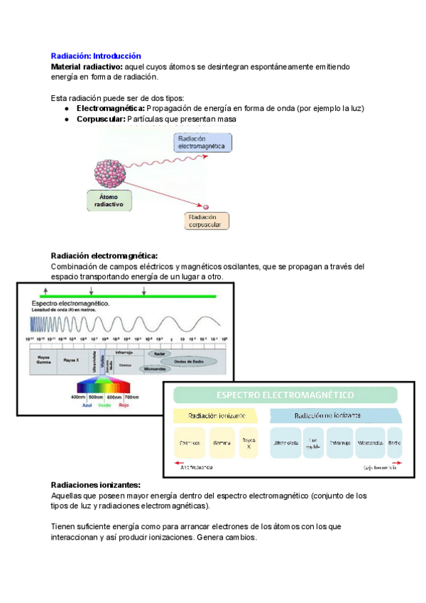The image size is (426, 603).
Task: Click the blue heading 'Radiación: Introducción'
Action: [97, 55]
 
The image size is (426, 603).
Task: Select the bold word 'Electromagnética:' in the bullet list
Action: [111, 108]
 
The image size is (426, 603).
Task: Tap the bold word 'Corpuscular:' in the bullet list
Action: [101, 119]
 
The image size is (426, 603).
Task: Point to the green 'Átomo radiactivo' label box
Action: [109, 200]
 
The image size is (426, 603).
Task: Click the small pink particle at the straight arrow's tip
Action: [207, 206]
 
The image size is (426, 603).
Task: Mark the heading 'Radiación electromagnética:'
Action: [104, 255]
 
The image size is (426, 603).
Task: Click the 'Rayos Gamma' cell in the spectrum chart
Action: [44, 361]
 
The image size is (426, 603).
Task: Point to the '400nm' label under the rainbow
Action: [78, 397]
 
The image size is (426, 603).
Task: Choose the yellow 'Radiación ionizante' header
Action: [217, 415]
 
